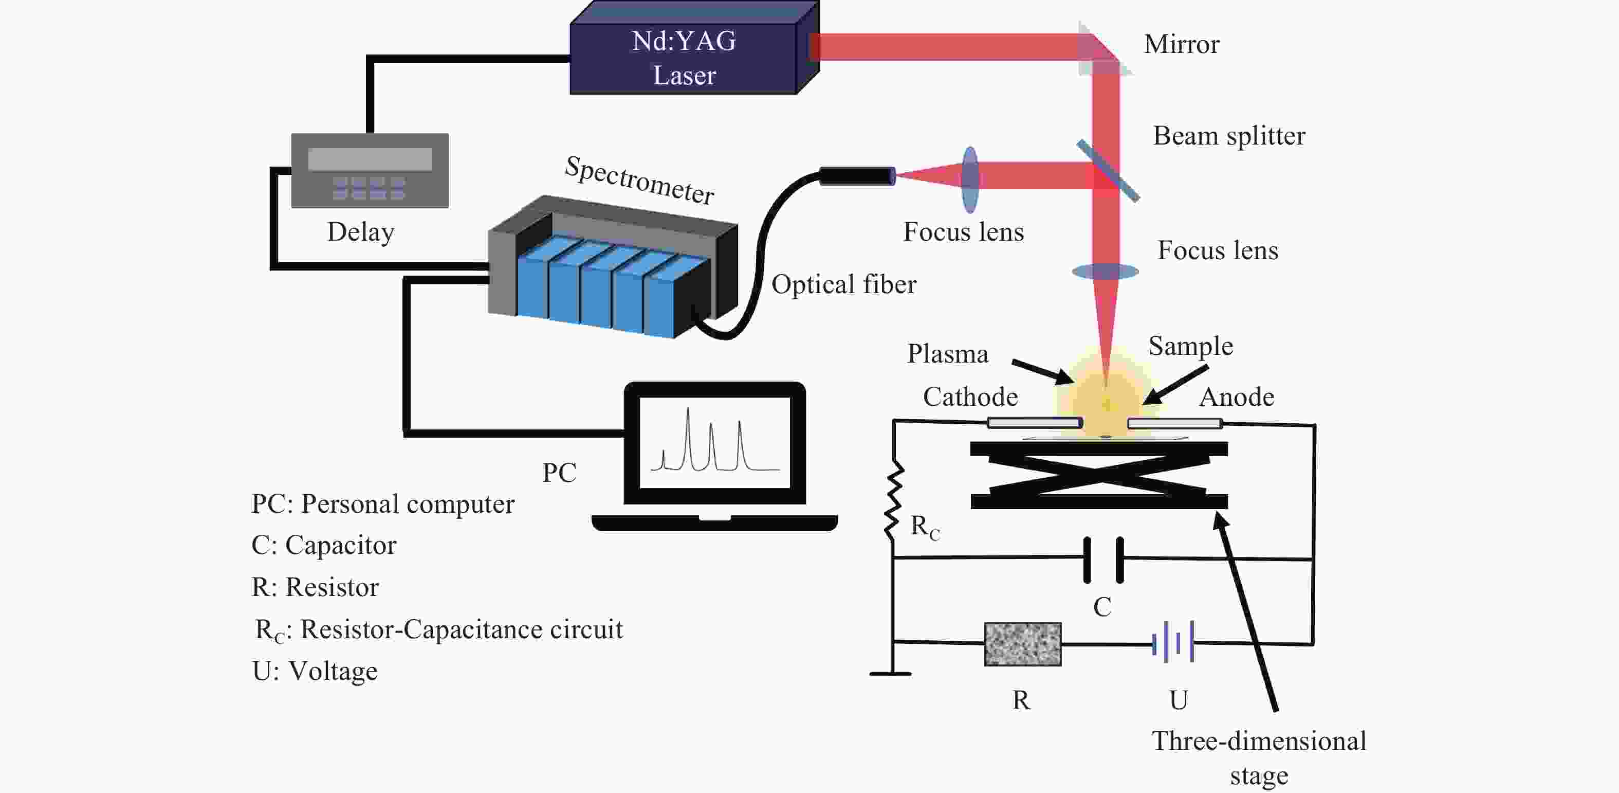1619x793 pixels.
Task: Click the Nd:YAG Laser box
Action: (694, 48)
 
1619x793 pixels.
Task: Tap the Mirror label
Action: (1182, 45)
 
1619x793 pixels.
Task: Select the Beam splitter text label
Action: (1229, 136)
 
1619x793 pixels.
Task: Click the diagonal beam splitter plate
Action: (1108, 170)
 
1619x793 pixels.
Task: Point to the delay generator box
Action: (370, 170)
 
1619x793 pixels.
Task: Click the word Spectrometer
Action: (639, 181)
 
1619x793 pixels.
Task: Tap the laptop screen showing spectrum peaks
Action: (714, 443)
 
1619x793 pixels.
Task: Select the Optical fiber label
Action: (843, 284)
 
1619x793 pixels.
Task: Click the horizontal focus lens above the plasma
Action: (1106, 272)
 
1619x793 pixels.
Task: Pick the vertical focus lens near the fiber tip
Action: (970, 180)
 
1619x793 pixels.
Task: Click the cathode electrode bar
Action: (1035, 423)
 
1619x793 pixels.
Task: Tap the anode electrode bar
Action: (1174, 423)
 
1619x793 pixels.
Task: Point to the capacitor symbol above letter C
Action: (1103, 559)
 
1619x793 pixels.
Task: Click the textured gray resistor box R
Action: (1023, 644)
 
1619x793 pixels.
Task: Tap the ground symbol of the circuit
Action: (891, 674)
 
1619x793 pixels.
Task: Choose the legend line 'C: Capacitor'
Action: (324, 545)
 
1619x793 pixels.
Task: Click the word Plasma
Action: (947, 354)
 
